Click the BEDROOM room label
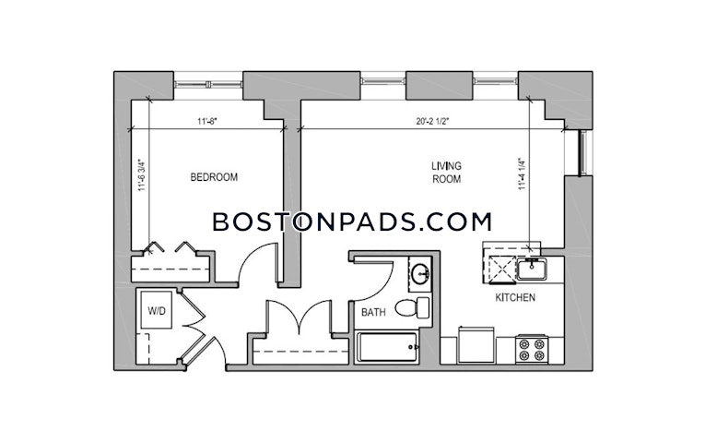pos(214,177)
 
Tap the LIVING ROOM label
pos(446,173)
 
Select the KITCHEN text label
pos(515,297)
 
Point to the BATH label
pos(373,312)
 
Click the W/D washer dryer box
pos(157,310)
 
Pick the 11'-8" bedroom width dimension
pos(207,121)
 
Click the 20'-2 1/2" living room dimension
pos(432,121)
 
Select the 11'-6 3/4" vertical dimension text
pos(142,175)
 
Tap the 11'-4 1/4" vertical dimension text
pos(522,174)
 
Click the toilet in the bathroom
pos(412,308)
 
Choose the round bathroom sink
pos(420,274)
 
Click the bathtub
pos(388,347)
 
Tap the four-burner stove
pos(532,350)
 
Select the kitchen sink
pos(532,269)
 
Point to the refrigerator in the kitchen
pos(476,345)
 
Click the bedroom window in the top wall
pos(208,84)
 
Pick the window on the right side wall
pos(583,152)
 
